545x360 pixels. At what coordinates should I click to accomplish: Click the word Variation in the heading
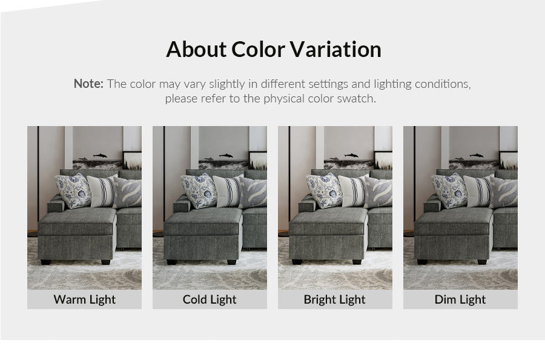point(335,49)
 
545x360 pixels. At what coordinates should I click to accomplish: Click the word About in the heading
point(196,49)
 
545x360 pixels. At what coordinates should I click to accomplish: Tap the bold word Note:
point(88,84)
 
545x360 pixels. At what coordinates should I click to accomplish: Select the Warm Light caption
point(84,299)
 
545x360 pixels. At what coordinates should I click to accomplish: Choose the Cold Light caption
point(210,299)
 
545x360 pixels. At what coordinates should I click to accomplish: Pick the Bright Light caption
point(335,299)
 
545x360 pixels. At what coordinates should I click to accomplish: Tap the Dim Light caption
point(460,299)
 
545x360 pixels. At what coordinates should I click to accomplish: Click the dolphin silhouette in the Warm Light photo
point(100,155)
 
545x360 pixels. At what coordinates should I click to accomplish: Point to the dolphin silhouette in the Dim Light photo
point(476,155)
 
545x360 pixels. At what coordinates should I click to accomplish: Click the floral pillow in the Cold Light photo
point(199,191)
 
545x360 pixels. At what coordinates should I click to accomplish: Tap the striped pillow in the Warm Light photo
point(102,191)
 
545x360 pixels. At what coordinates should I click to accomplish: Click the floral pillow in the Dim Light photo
point(449,191)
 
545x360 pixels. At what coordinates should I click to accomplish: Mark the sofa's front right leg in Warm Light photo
point(105,262)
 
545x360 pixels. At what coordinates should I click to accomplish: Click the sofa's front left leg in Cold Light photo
point(171,262)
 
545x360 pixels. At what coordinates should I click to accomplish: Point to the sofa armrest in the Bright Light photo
point(307,204)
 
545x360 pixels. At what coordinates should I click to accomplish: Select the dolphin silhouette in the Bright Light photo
point(351,155)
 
